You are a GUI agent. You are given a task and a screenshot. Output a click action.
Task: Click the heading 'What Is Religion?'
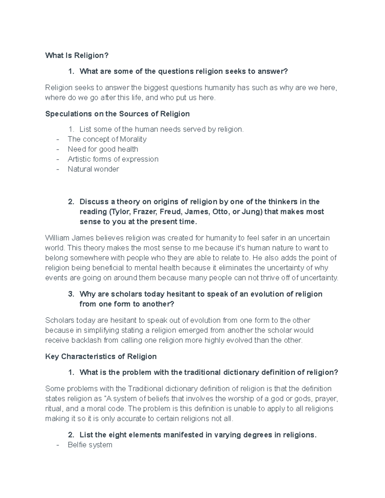point(77,55)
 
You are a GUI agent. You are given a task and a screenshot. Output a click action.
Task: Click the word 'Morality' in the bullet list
point(133,139)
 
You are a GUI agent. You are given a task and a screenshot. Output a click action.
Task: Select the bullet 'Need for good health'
point(103,149)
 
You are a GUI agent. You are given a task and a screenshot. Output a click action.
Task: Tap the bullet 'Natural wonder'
point(93,169)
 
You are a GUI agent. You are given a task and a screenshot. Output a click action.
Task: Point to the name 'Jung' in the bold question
point(254,212)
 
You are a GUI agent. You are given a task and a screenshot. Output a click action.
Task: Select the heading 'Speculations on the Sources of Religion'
point(117,114)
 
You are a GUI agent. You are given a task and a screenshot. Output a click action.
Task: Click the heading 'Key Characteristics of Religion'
point(101,357)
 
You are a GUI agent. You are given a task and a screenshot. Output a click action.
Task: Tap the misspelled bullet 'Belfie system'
point(90,445)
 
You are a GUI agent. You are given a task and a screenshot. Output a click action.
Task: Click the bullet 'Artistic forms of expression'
point(113,159)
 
